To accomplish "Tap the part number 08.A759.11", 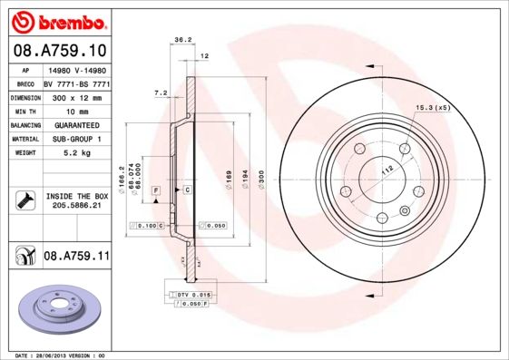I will [76, 257].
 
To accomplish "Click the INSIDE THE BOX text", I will [76, 196].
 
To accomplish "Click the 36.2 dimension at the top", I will [181, 40].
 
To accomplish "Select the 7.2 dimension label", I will [161, 92].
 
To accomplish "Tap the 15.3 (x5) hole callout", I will [433, 109].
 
